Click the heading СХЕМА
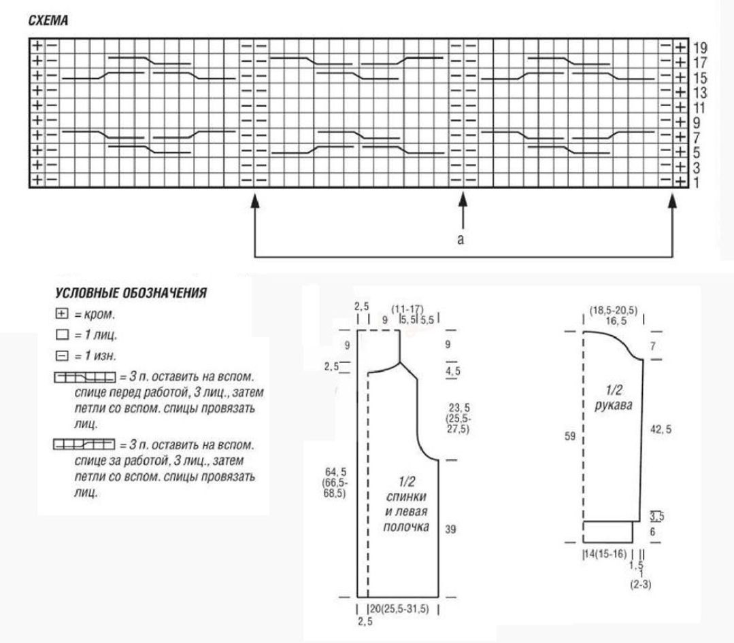pos(48,20)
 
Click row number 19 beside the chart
pos(700,48)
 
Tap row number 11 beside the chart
pos(699,107)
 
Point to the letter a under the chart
pos(461,239)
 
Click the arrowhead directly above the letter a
pos(463,200)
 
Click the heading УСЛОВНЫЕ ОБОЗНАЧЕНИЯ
pos(131,293)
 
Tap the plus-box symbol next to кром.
pos(61,313)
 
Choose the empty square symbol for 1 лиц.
pos(61,335)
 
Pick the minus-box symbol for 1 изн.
pos(61,356)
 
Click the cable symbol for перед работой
pos(85,377)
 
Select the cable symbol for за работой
pos(84,444)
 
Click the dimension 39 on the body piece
pos(450,529)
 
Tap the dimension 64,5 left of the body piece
pos(335,472)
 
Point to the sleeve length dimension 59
pos(569,436)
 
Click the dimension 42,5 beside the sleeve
pos(661,430)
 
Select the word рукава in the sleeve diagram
pos(613,405)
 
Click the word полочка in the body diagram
pos(406,527)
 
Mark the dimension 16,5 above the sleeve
pos(616,321)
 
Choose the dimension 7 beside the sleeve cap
pos(653,347)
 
